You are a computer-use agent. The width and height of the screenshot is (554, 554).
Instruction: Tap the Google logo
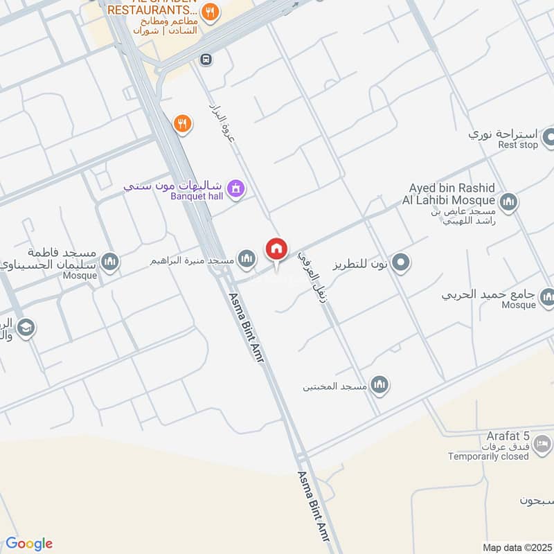point(28,544)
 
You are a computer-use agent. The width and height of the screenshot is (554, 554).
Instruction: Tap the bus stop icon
point(205,60)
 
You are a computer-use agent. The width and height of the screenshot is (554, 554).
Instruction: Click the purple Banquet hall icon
point(236,188)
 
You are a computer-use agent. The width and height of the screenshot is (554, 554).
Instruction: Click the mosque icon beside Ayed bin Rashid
point(508,202)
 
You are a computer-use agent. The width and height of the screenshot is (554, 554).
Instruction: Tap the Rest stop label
point(517,145)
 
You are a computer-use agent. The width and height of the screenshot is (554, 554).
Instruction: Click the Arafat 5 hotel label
point(507,436)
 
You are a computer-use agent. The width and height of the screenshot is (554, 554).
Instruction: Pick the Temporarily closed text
point(488,456)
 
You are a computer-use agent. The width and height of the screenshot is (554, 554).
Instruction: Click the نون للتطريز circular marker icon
point(400,263)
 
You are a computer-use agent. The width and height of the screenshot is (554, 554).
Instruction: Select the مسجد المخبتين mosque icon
point(379,385)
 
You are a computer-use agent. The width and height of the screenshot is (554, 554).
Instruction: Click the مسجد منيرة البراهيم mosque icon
point(246,260)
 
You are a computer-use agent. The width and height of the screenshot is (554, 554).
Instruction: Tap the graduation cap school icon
point(26,328)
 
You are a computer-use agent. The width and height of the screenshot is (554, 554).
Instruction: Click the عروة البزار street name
point(222,124)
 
